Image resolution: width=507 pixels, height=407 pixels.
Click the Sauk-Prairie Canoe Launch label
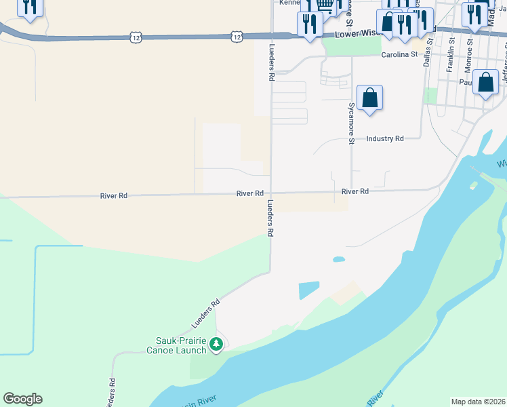[x=176, y=345]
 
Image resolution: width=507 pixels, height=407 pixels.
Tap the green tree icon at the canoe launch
[x=216, y=345]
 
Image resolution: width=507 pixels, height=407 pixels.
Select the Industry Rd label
[x=384, y=138]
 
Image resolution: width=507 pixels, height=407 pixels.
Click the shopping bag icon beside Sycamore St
[x=369, y=98]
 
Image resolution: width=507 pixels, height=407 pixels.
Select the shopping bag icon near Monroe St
[x=486, y=83]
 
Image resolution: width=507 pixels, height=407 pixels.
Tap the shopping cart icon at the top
[x=326, y=6]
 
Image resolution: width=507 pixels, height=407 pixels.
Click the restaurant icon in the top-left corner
[x=29, y=7]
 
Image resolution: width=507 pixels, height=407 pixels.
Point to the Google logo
[x=22, y=399]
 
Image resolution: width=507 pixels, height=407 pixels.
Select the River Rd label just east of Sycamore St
[x=355, y=192]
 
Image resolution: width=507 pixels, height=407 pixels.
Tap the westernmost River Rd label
[x=113, y=196]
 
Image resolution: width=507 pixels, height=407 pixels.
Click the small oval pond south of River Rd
[x=338, y=259]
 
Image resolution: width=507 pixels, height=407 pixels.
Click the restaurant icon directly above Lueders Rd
[x=310, y=24]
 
